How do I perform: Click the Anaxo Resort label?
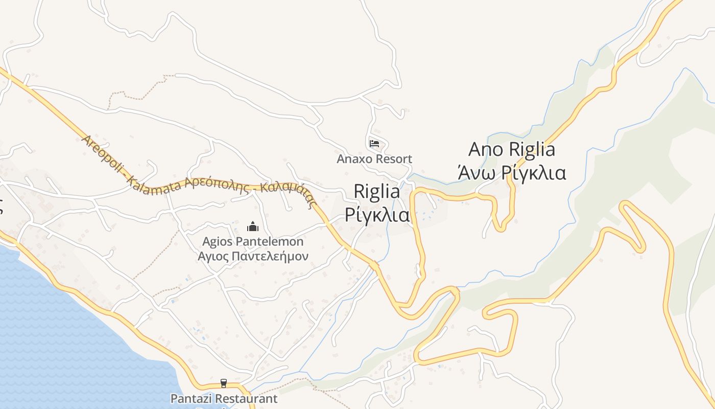(374, 159)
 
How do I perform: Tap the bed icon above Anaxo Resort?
(374, 143)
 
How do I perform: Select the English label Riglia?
(377, 192)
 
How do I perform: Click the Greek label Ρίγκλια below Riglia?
(377, 215)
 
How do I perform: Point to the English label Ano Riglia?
(512, 150)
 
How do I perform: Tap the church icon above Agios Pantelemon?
(252, 226)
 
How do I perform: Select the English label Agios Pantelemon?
(253, 241)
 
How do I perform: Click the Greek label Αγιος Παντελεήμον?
(253, 256)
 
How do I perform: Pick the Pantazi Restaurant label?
(224, 398)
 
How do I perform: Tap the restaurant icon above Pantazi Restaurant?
(223, 383)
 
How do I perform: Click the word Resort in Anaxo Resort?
(394, 159)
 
